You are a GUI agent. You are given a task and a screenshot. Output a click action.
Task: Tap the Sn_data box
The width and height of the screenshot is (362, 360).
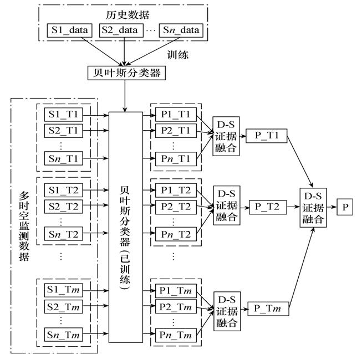181,29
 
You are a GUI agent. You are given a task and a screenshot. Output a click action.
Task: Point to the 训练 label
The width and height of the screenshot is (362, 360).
179,55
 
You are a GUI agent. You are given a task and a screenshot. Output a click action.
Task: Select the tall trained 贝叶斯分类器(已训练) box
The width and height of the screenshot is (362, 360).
127,227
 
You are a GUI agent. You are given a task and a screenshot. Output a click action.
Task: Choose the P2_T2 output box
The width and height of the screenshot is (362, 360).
176,206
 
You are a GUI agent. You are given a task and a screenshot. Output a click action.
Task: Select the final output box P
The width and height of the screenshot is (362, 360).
346,207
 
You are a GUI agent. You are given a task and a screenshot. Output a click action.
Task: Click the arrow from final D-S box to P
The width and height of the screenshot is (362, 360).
332,207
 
